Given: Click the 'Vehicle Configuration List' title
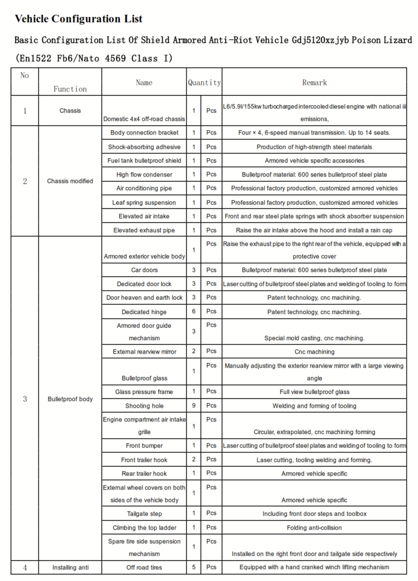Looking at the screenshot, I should [x=78, y=19].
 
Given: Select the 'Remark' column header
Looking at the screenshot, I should [x=314, y=83].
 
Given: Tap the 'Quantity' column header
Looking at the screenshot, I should [x=204, y=83].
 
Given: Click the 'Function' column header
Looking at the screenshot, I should [x=70, y=89].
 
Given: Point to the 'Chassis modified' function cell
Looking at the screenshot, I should [x=70, y=181].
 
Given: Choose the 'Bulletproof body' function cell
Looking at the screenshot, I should [x=70, y=399].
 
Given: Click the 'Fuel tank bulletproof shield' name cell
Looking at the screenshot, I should [x=144, y=160].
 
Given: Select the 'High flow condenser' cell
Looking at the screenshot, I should [x=144, y=174].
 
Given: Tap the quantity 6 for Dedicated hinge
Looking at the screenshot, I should [x=194, y=312].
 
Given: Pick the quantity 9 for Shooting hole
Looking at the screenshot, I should [x=194, y=406].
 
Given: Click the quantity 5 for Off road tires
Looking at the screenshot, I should [x=194, y=567].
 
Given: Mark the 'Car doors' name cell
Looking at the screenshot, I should [x=144, y=270].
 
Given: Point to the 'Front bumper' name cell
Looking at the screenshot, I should [x=144, y=445].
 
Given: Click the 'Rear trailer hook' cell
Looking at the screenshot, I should [x=144, y=474].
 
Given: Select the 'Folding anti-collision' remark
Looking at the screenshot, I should [x=314, y=528].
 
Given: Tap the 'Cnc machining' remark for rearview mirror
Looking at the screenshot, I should [x=314, y=352].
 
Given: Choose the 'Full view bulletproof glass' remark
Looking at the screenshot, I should [x=314, y=392].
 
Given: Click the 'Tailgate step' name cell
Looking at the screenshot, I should [x=144, y=514].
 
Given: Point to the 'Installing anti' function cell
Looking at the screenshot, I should [x=70, y=567].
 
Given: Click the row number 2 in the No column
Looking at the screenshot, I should [x=25, y=181].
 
